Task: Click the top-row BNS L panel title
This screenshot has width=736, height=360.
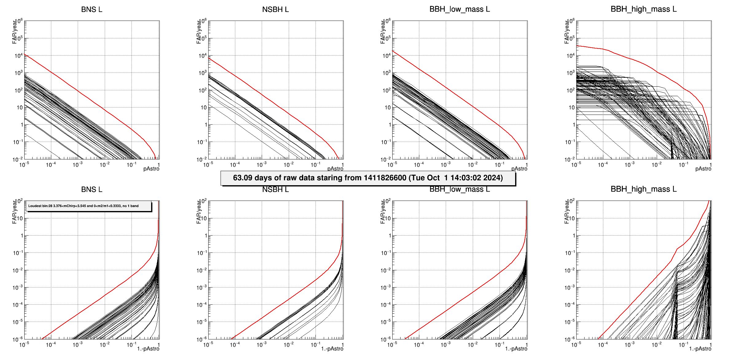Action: point(92,10)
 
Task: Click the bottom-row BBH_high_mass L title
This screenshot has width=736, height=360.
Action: point(644,189)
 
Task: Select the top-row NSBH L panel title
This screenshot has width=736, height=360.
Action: point(275,10)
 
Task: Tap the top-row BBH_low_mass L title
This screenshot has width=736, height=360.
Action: point(460,9)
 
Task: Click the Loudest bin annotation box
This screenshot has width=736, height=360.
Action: point(89,206)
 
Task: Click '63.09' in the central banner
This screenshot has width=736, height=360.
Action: point(242,178)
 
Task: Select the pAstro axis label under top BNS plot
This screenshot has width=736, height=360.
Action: point(151,169)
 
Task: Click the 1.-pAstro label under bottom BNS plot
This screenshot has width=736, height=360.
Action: point(148,349)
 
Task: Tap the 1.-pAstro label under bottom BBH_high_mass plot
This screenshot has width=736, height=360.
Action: point(700,349)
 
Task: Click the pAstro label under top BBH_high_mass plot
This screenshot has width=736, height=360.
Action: point(703,169)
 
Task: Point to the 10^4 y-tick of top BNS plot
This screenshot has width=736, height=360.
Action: point(18,56)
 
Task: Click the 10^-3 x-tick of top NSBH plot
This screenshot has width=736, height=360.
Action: point(261,165)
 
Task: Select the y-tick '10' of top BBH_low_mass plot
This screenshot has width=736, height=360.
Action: point(388,108)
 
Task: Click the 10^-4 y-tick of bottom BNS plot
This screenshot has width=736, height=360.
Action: point(18,305)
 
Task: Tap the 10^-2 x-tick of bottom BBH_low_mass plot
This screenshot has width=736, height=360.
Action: point(472,345)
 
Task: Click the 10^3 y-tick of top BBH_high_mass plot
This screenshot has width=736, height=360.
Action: point(570,73)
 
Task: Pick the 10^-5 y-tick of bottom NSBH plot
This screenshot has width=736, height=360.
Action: point(202,322)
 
